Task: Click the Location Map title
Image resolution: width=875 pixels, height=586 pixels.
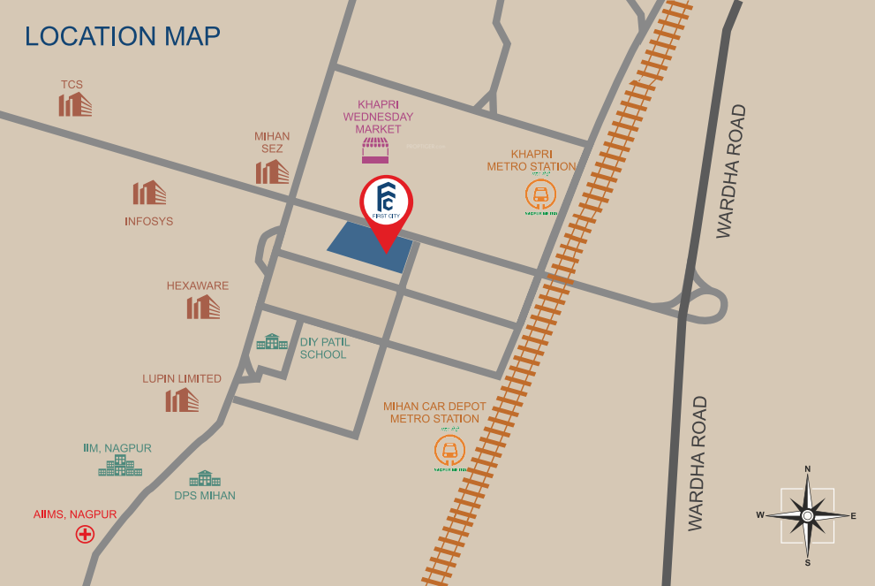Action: (x=123, y=36)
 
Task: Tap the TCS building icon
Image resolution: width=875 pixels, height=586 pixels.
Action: (x=75, y=104)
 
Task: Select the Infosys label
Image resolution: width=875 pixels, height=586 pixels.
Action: (x=148, y=221)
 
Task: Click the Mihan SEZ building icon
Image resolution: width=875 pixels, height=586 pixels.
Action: (x=272, y=171)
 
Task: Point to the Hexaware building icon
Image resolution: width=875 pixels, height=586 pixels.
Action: (x=203, y=307)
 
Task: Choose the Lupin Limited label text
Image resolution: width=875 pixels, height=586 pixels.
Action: (x=182, y=378)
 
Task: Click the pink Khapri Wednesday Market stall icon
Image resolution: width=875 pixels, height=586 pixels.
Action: (x=375, y=150)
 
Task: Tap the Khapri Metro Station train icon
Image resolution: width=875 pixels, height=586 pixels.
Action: (x=539, y=194)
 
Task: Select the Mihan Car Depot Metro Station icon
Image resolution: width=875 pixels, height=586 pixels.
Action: (x=450, y=450)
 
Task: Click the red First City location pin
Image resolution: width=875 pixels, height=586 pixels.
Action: (x=386, y=207)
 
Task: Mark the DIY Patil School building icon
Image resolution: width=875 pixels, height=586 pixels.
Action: (x=272, y=342)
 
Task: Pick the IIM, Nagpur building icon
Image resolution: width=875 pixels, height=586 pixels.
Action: (x=120, y=466)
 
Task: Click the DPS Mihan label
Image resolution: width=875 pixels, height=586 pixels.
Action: (x=205, y=495)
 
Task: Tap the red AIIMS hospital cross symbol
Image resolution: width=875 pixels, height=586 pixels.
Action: (x=85, y=534)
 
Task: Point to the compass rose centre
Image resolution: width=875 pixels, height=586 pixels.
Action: (x=807, y=515)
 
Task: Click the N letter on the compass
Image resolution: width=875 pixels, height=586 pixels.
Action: (x=807, y=469)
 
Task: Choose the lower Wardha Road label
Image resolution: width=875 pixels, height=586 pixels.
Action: (x=698, y=463)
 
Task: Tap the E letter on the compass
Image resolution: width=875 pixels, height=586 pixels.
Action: (x=853, y=515)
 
